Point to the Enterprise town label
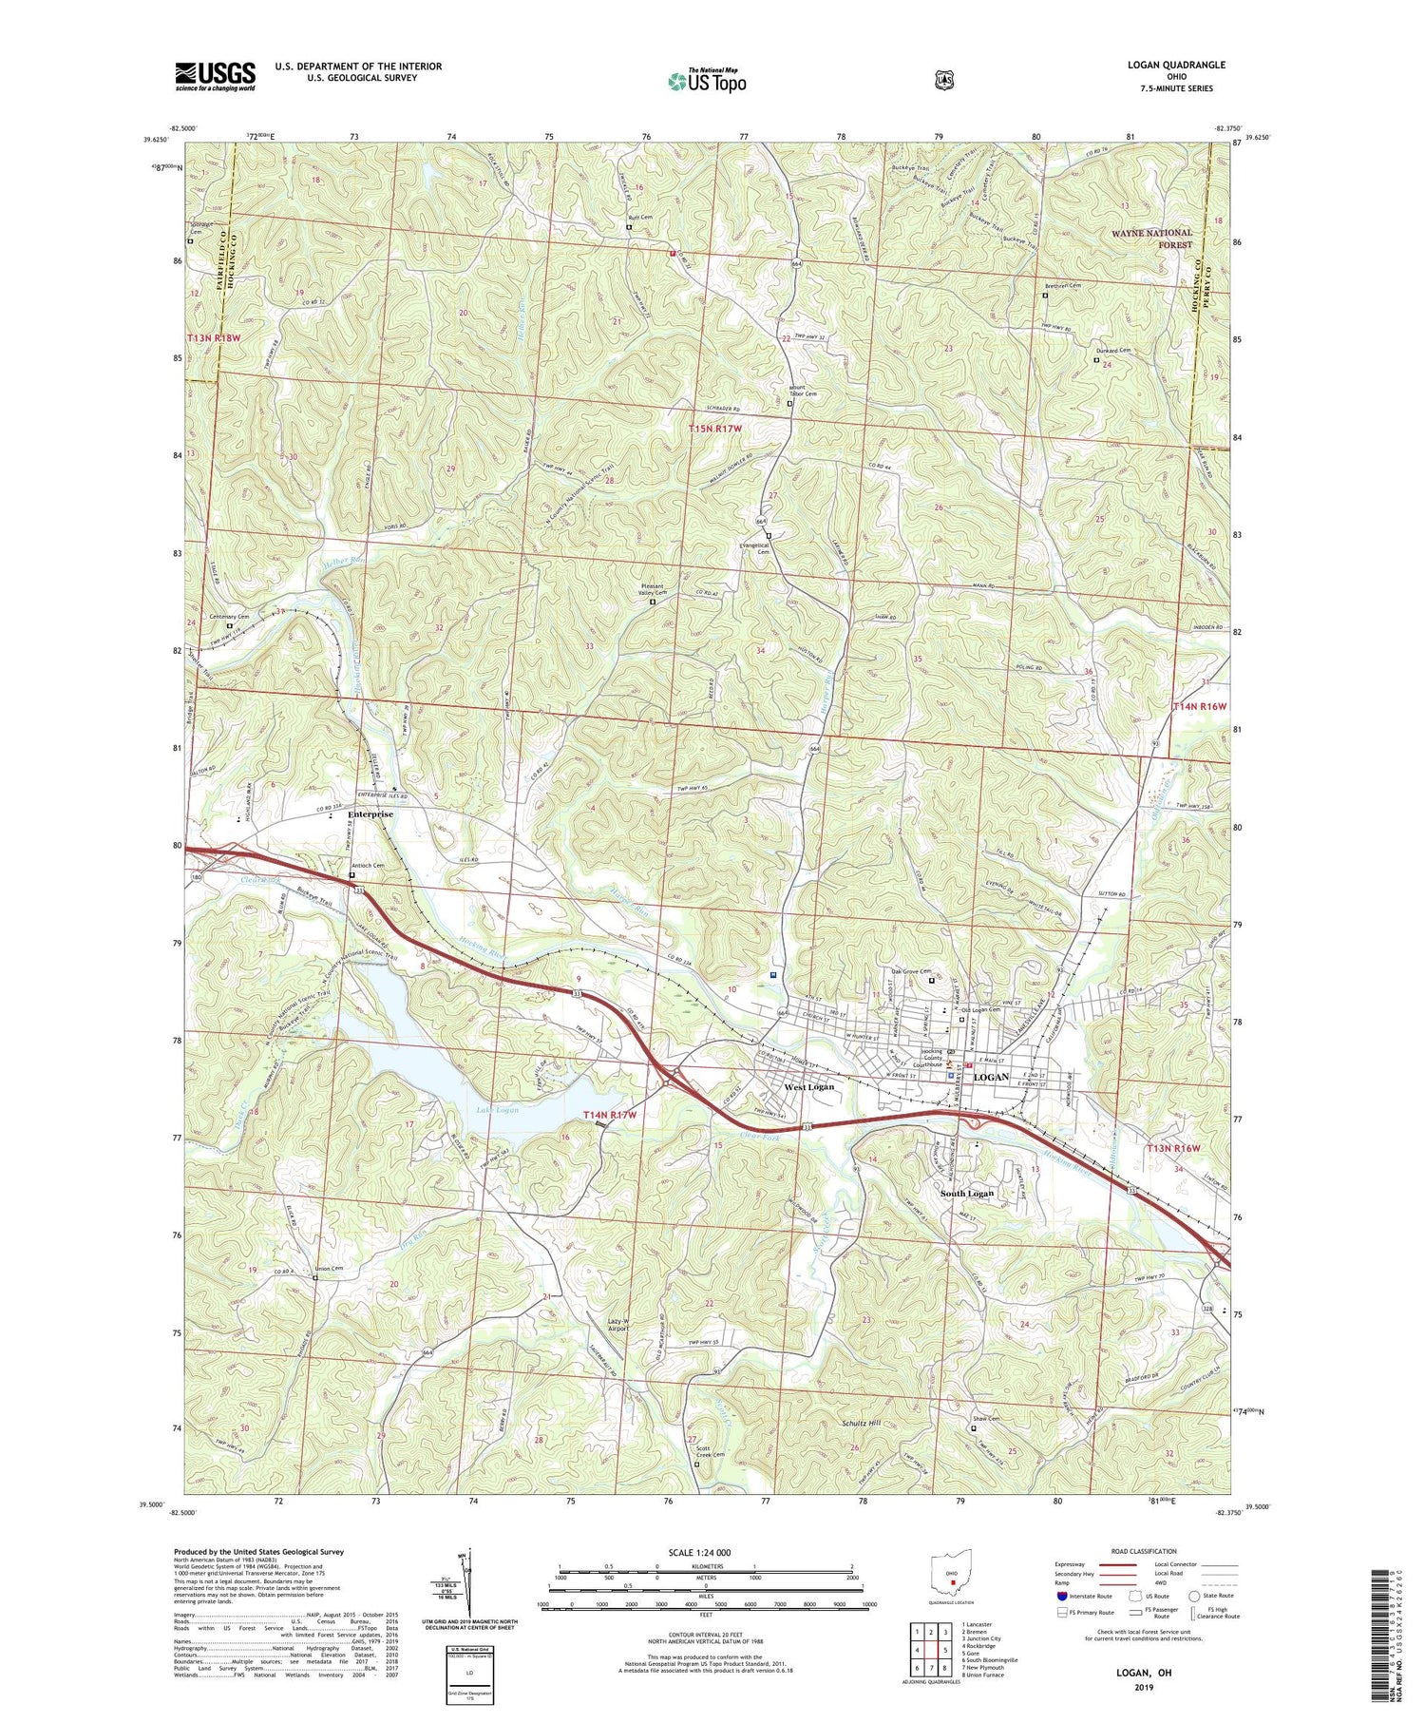(x=370, y=814)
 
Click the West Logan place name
(x=808, y=1087)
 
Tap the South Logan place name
(x=967, y=1193)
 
